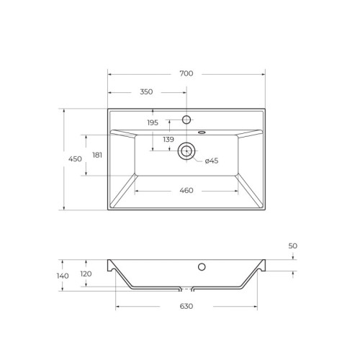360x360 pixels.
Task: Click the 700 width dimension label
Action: (186, 73)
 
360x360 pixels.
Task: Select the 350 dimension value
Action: (146, 92)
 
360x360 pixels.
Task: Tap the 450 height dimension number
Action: (75, 159)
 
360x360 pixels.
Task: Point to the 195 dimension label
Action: (153, 122)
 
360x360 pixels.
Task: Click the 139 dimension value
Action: (168, 139)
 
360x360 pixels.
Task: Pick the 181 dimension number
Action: (98, 156)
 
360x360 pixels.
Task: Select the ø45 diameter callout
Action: (212, 161)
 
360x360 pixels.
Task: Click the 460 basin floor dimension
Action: (186, 190)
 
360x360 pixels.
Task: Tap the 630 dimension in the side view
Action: (186, 307)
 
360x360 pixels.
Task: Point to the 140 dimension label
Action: (63, 275)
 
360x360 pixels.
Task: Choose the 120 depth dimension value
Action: (86, 274)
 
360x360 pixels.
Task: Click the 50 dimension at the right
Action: (293, 246)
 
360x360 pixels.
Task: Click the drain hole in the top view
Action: (186, 150)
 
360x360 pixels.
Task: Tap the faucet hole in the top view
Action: (186, 120)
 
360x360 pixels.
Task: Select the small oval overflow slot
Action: (202, 132)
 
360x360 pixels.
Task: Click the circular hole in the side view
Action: (202, 267)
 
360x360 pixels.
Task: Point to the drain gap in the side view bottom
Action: (186, 289)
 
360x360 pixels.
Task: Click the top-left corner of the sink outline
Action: (108, 109)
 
